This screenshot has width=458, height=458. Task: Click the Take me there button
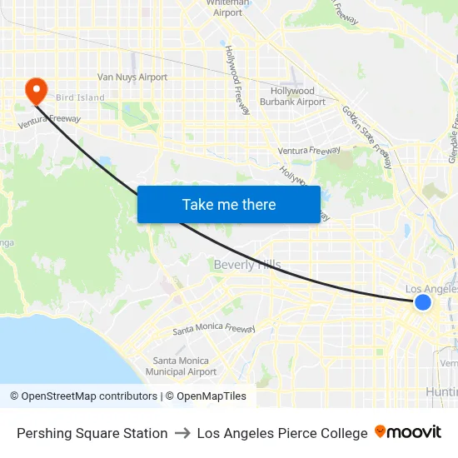[x=229, y=204]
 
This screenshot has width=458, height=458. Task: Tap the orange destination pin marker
[x=36, y=91]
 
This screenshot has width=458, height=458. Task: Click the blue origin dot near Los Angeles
[x=423, y=302]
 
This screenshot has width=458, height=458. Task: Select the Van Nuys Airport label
[x=132, y=77]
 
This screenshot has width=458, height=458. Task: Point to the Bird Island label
[x=80, y=97]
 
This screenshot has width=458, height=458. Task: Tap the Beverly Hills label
[x=247, y=265]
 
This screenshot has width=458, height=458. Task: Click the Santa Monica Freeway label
[x=214, y=329]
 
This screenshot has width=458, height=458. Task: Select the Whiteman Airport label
[x=227, y=7]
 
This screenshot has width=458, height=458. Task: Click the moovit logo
[x=408, y=432]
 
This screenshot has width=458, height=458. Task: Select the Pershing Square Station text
[x=92, y=433]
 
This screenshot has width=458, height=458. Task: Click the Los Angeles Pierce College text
[x=282, y=433]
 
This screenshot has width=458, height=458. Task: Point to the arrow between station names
[x=182, y=433]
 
